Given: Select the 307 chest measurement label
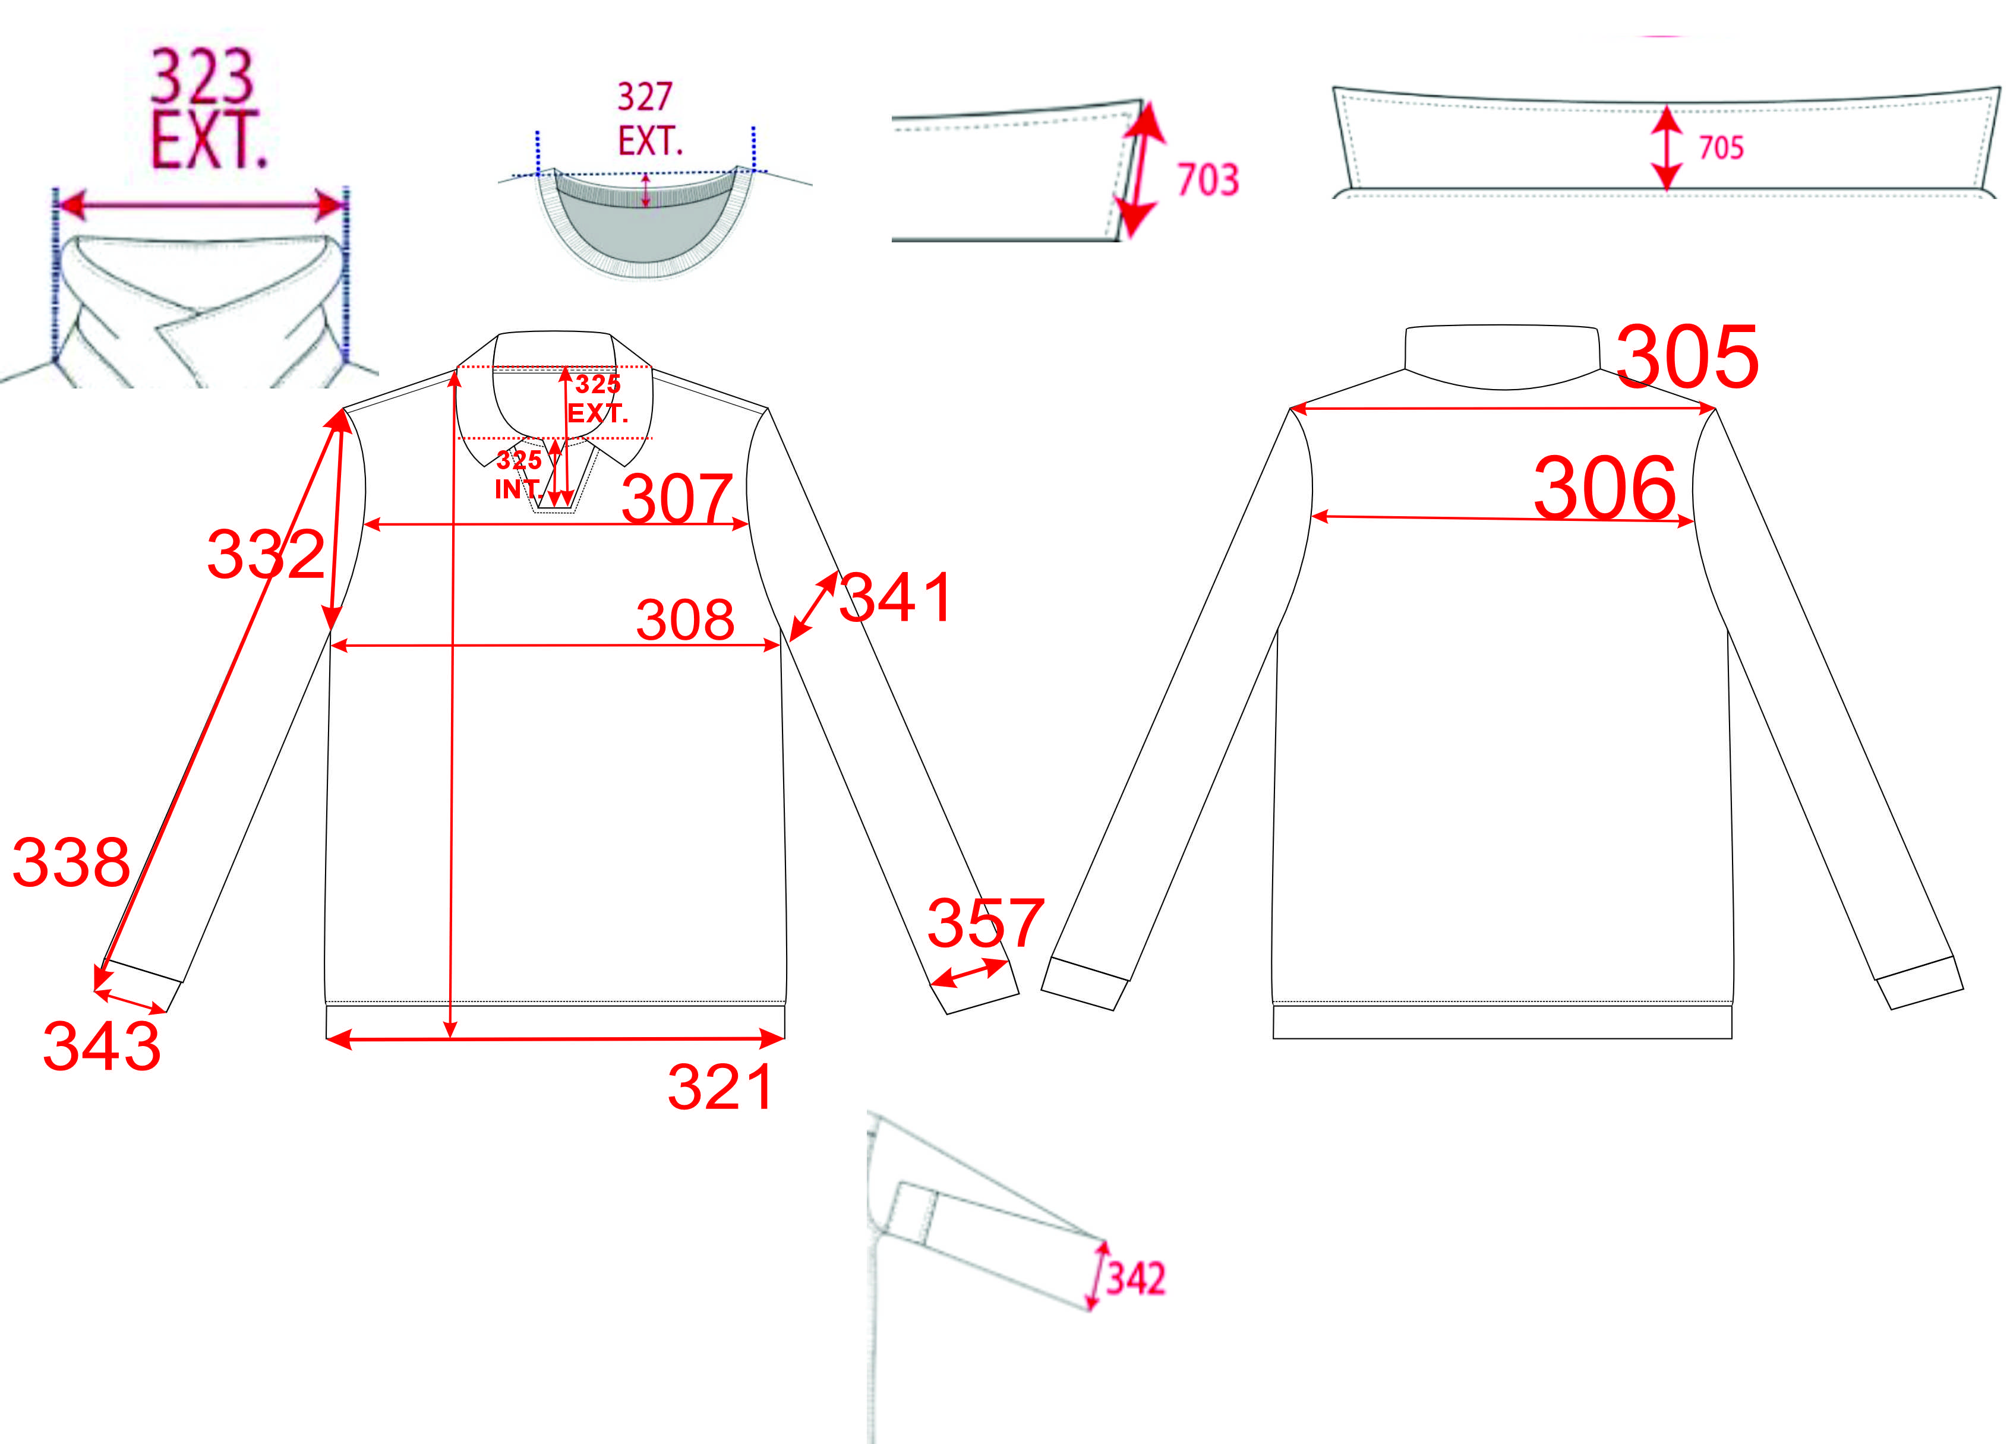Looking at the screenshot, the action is [678, 500].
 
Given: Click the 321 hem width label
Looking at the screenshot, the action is [721, 1087].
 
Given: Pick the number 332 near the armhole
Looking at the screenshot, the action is [266, 555].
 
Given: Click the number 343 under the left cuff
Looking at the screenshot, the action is [102, 1045].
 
